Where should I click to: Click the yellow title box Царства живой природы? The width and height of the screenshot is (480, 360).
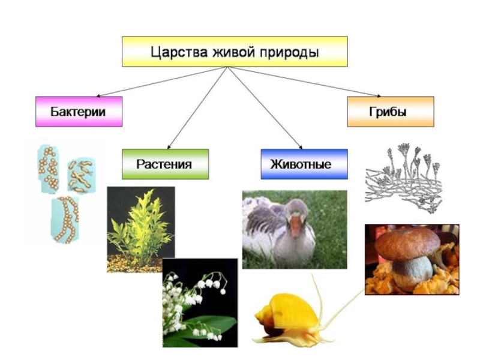(x=235, y=51)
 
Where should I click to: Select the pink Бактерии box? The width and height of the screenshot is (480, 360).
(x=79, y=112)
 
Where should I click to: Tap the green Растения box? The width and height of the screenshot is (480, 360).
(x=165, y=164)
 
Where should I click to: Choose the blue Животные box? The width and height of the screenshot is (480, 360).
(x=304, y=164)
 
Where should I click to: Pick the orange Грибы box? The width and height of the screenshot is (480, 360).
(x=390, y=112)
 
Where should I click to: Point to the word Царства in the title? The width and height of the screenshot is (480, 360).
(x=178, y=52)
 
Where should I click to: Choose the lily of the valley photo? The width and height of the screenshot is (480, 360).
(x=200, y=303)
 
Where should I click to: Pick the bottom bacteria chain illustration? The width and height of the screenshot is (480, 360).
(x=65, y=218)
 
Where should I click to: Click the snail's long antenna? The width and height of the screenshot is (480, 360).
(x=339, y=306)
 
